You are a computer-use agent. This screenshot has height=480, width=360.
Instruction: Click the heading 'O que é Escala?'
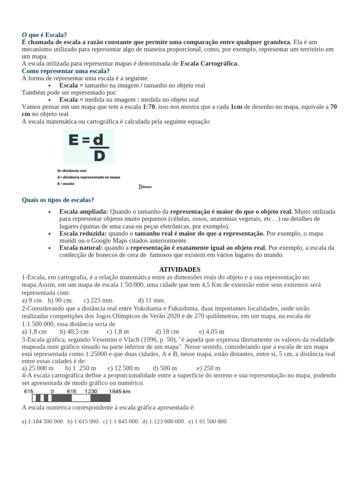45,35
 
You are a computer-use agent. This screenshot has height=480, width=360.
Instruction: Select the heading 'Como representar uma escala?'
66,71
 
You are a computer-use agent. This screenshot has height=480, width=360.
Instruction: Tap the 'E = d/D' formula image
89,146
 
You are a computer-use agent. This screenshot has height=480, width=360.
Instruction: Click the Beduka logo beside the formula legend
145,187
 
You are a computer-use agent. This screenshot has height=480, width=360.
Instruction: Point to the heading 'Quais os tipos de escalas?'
58,200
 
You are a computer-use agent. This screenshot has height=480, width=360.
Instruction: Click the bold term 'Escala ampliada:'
84,211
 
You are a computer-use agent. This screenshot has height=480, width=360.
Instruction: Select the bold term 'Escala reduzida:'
83,233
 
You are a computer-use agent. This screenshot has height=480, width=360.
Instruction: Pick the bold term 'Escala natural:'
81,247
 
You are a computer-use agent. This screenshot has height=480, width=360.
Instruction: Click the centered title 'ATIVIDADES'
180,270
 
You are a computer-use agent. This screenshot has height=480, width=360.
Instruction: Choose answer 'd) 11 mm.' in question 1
151,300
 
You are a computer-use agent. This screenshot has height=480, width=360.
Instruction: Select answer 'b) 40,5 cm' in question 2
74,331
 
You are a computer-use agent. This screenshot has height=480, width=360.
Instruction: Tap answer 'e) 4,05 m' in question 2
211,331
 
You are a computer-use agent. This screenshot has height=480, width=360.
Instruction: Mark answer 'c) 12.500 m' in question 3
124,368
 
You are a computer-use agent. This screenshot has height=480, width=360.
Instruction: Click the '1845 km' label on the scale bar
120,391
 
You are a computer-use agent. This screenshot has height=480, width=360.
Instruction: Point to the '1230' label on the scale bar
91,391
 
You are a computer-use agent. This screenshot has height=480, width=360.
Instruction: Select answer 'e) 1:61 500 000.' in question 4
208,421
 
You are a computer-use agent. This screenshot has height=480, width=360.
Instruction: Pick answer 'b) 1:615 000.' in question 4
83,421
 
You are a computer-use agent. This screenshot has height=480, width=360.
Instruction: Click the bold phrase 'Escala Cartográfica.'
210,64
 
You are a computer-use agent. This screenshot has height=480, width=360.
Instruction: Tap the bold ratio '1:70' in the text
149,107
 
